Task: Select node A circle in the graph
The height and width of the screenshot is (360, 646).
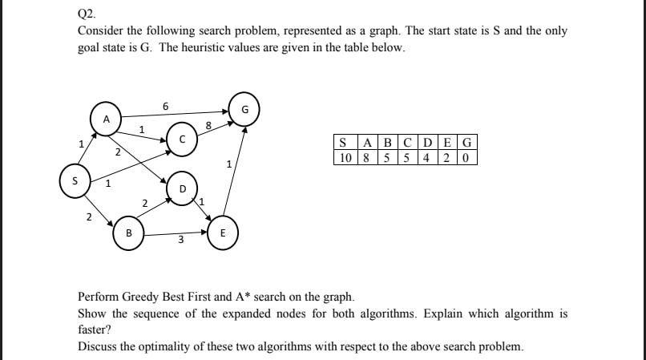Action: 105,118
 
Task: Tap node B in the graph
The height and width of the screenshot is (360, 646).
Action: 128,233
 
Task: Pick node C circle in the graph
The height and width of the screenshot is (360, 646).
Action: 182,138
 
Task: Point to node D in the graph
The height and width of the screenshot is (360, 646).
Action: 182,188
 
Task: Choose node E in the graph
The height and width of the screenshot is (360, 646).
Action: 224,233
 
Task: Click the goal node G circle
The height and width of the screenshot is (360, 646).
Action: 244,110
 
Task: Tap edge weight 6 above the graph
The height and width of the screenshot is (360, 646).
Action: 165,105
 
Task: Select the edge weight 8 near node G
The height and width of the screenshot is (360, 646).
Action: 208,124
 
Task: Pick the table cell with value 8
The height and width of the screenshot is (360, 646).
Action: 366,157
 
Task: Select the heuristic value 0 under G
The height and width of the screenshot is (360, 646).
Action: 468,157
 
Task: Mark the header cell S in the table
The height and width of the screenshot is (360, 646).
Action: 343,144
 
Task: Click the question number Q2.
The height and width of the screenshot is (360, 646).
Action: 87,14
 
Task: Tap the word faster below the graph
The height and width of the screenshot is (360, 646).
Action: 94,330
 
